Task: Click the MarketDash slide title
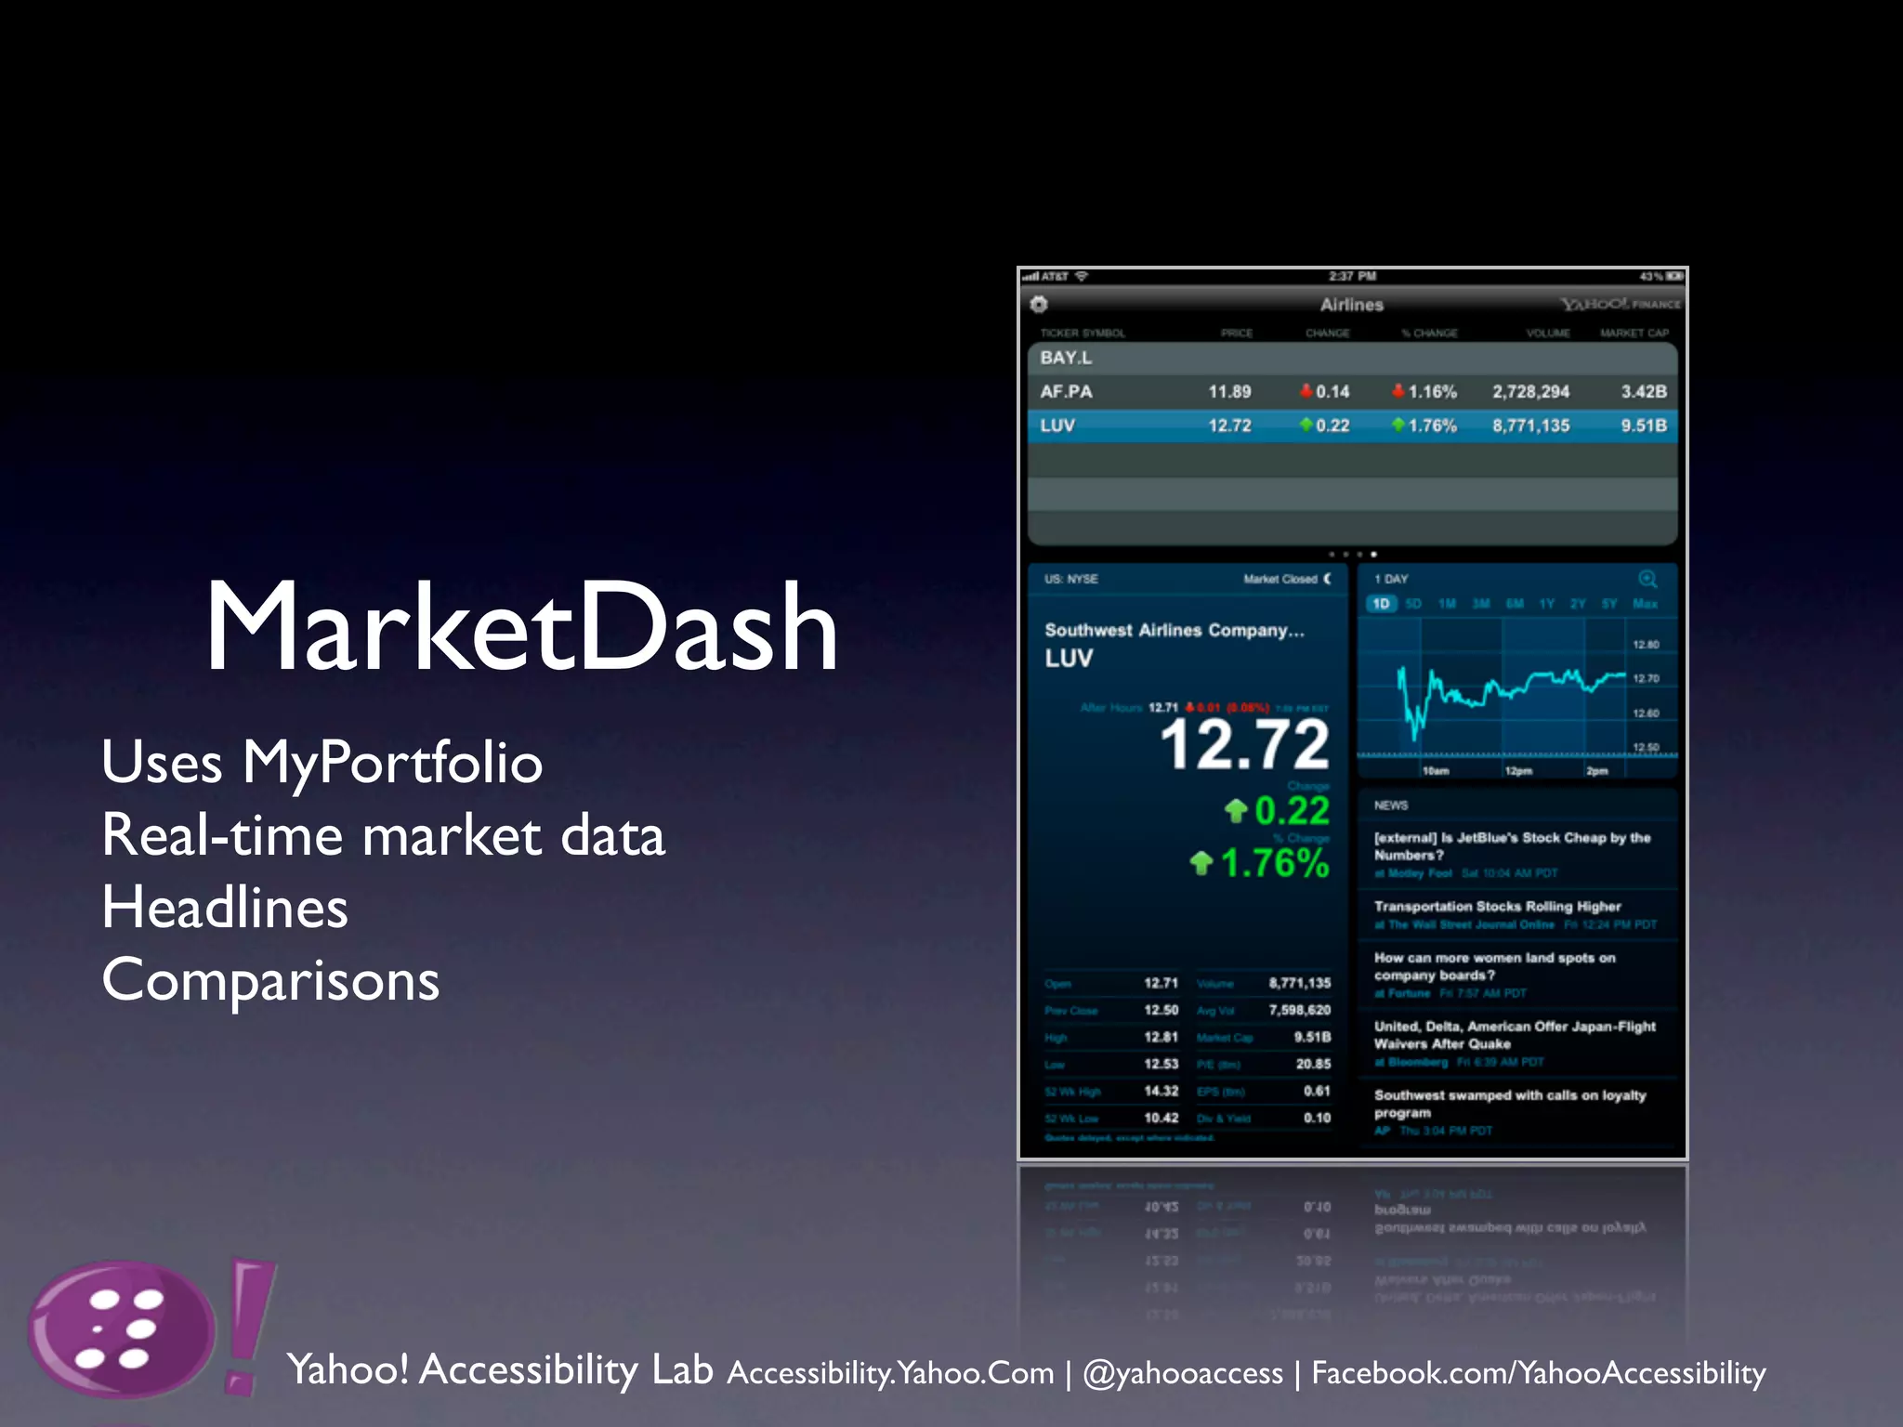click(521, 627)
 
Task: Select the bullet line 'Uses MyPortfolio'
click(322, 763)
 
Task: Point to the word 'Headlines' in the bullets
click(225, 908)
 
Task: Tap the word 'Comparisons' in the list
click(270, 980)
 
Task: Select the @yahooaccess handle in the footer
click(1183, 1373)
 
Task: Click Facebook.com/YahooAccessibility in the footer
click(1538, 1373)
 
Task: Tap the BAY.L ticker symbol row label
click(1066, 358)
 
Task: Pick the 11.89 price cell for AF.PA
click(1229, 392)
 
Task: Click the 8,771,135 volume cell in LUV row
click(1530, 425)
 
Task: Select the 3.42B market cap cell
click(1643, 392)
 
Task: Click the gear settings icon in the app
click(1039, 304)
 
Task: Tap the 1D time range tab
click(1381, 604)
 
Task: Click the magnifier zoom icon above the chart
click(1647, 579)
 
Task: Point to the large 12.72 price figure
click(1245, 745)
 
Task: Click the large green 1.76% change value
click(1273, 863)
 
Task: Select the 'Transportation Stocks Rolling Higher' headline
click(1497, 907)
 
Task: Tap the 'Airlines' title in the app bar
click(1351, 305)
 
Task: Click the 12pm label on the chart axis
click(1518, 771)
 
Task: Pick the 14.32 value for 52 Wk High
click(1161, 1092)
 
